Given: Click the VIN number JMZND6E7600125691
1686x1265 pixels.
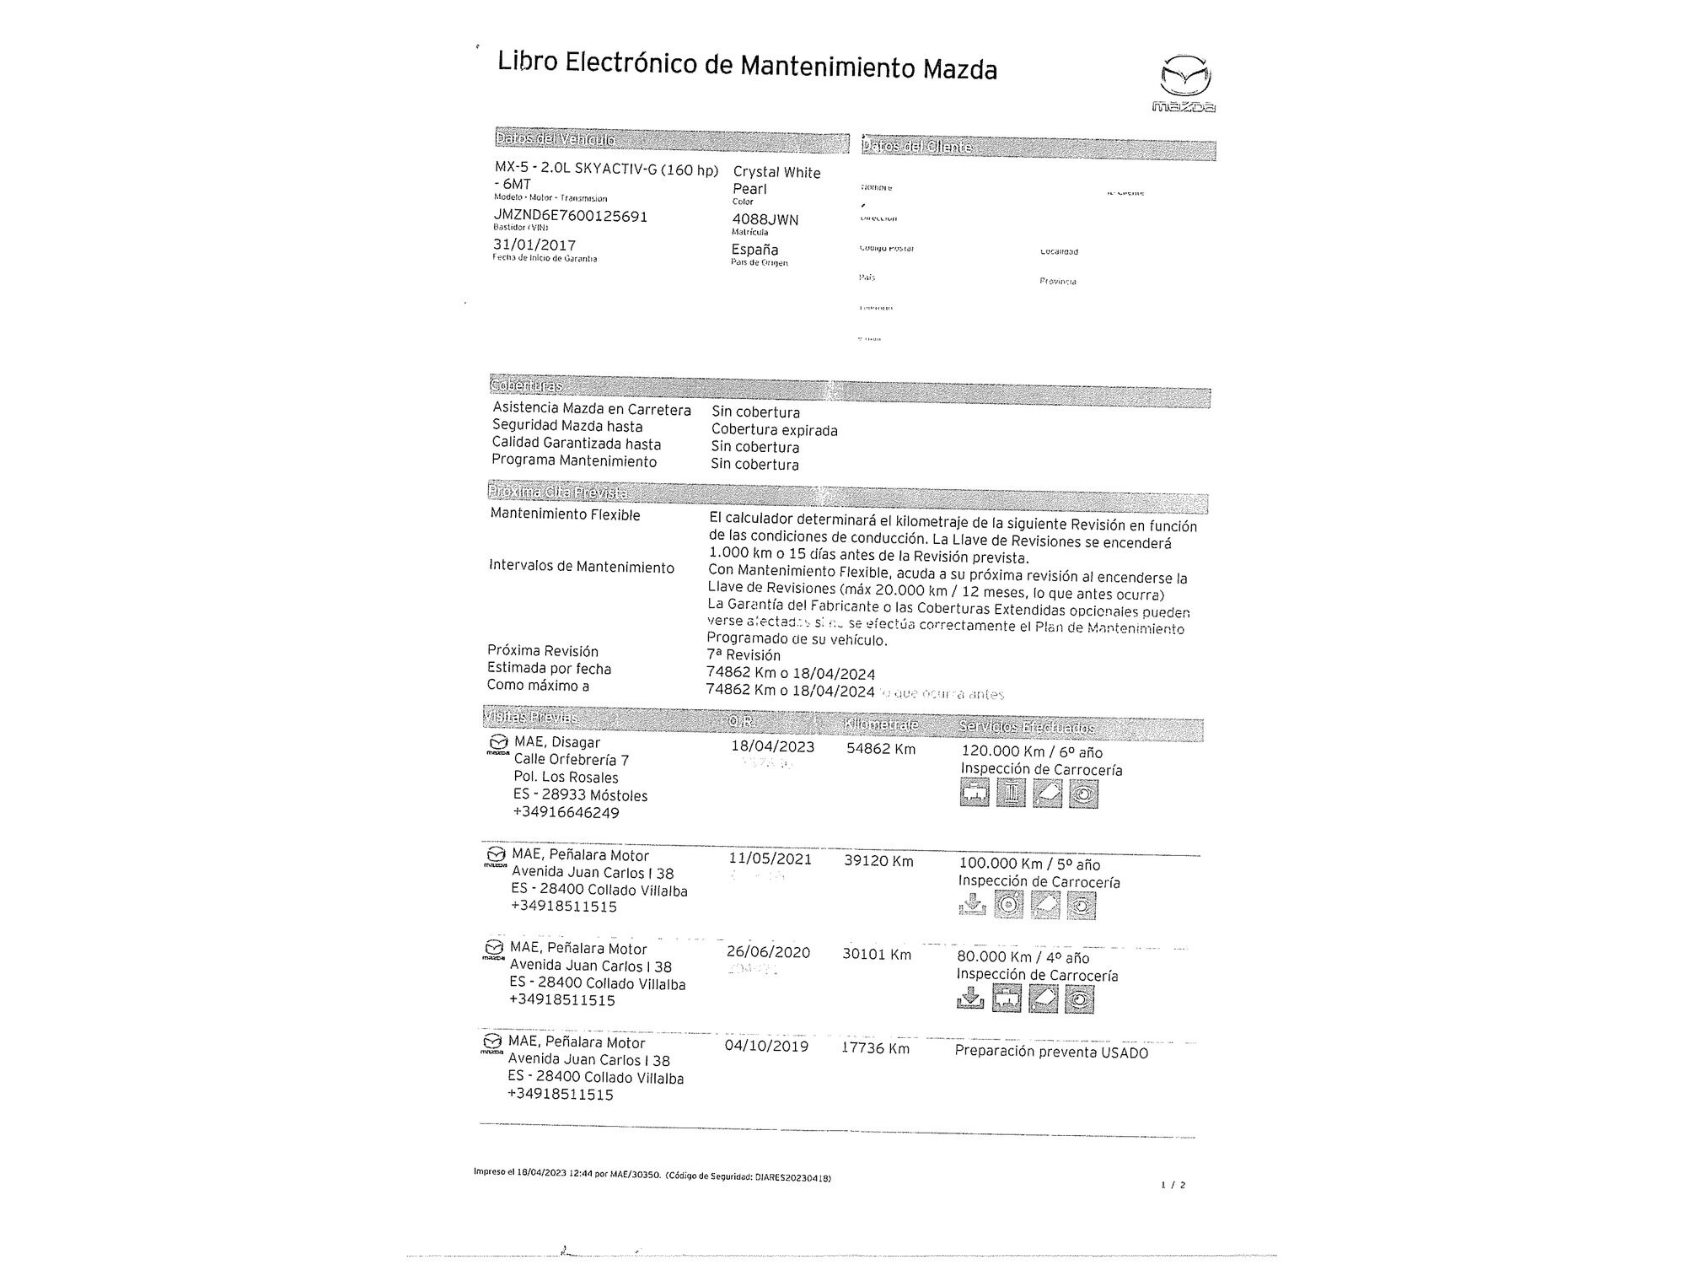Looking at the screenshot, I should pos(571,216).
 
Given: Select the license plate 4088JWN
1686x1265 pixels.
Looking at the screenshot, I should pos(765,219).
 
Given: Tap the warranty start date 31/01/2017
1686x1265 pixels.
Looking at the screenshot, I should pos(534,245).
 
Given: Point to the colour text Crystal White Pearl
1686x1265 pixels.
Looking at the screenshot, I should pos(776,180).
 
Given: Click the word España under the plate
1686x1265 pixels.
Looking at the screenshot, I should pos(755,250).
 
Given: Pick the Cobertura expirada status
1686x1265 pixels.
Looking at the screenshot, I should pos(774,430).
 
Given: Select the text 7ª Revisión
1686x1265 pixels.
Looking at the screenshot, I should pos(744,655).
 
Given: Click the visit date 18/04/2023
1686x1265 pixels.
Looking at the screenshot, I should pos(772,746).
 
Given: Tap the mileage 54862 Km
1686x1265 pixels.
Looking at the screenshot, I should pos(881,749).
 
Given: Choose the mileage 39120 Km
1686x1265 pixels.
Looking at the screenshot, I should pos(878,861).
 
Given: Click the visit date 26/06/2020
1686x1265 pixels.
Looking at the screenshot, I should pos(768,952).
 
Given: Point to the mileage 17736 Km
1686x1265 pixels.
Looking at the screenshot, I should pos(875,1048).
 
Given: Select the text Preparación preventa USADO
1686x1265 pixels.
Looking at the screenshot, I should pos(1051,1052).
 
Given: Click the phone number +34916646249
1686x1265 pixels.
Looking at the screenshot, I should pos(566,813).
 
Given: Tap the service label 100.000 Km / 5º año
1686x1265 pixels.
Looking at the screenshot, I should pos(1029,864).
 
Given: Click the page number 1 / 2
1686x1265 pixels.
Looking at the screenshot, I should pos(1173,1185).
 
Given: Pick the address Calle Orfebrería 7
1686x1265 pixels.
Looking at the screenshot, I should pos(572,760).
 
